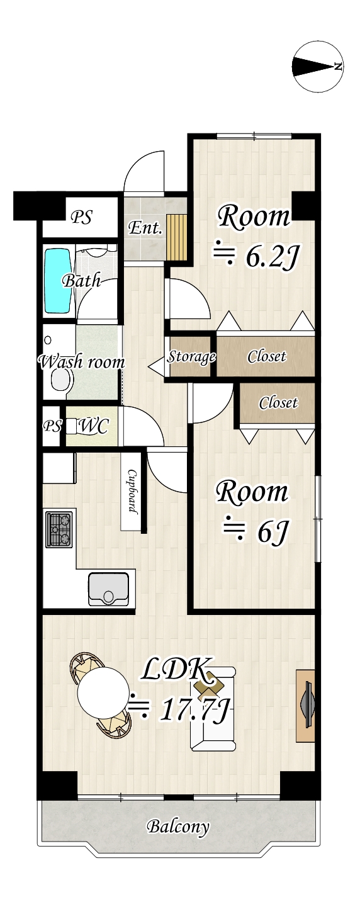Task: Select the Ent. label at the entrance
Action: (x=145, y=228)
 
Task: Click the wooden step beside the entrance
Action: (x=177, y=237)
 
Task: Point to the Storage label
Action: (x=191, y=356)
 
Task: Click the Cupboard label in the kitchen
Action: (x=132, y=490)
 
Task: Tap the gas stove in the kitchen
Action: (x=59, y=529)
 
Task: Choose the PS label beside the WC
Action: (x=52, y=426)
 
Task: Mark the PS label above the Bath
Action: (x=81, y=217)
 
